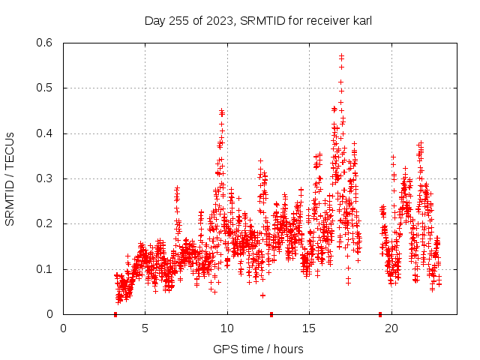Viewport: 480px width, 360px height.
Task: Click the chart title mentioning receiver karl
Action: point(258,21)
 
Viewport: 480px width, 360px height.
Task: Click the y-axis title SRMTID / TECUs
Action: point(10,178)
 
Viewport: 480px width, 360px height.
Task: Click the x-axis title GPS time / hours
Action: point(258,349)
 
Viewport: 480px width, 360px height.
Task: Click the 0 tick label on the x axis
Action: point(64,328)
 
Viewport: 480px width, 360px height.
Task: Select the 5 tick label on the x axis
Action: point(145,328)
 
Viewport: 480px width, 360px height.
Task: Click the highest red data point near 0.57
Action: point(341,56)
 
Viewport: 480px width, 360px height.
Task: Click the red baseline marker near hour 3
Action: point(115,314)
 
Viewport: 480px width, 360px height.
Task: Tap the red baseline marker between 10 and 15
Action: point(271,314)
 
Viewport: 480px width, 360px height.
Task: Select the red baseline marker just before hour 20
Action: point(380,314)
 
